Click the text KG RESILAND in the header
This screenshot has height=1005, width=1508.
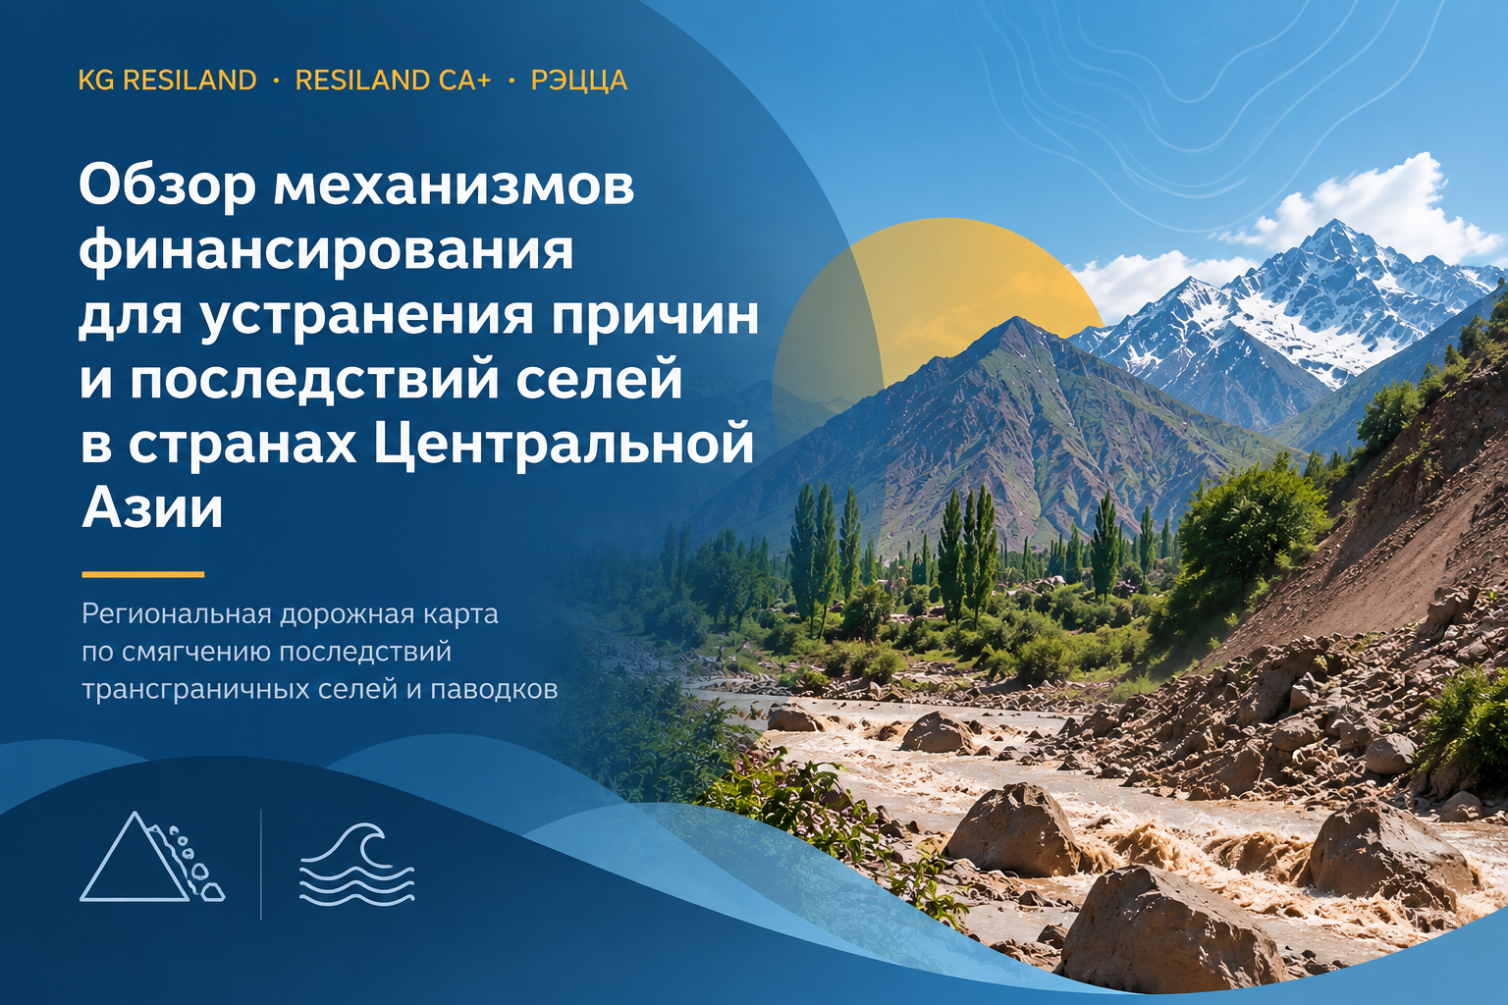point(168,80)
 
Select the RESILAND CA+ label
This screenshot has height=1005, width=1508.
point(393,80)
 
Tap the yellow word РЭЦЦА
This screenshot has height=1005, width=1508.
point(579,80)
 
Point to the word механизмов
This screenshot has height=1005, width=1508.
point(454,186)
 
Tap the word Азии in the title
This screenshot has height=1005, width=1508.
point(152,507)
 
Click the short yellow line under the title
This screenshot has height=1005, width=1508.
point(142,574)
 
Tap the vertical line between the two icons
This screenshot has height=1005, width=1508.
point(261,865)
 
